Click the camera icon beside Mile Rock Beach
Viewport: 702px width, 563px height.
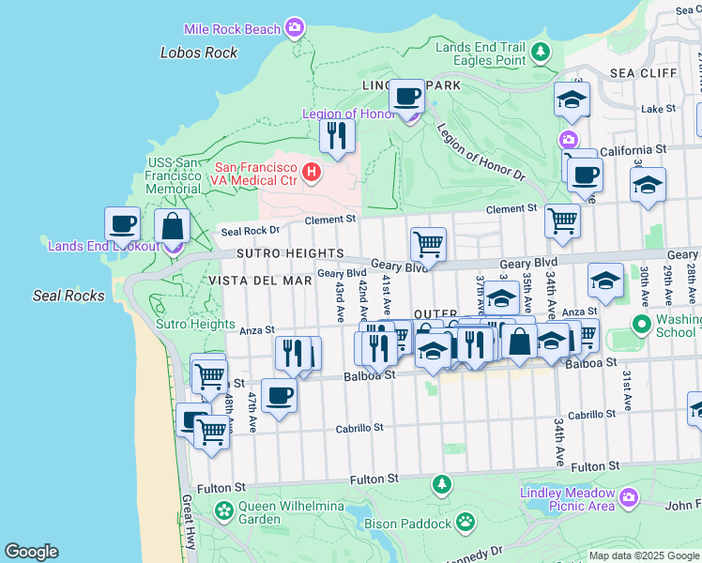coord(295,28)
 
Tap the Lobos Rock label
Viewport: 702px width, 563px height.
coord(199,53)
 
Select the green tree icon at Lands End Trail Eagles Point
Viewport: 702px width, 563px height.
coord(540,53)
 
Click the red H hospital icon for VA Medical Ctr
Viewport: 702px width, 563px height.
coord(311,173)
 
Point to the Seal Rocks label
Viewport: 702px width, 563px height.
coord(69,296)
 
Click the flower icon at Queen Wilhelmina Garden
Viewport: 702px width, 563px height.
coord(223,510)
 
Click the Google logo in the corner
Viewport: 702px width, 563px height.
coord(31,552)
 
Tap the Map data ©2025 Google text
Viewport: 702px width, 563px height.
coord(644,555)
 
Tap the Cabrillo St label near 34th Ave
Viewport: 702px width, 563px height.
coord(590,415)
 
